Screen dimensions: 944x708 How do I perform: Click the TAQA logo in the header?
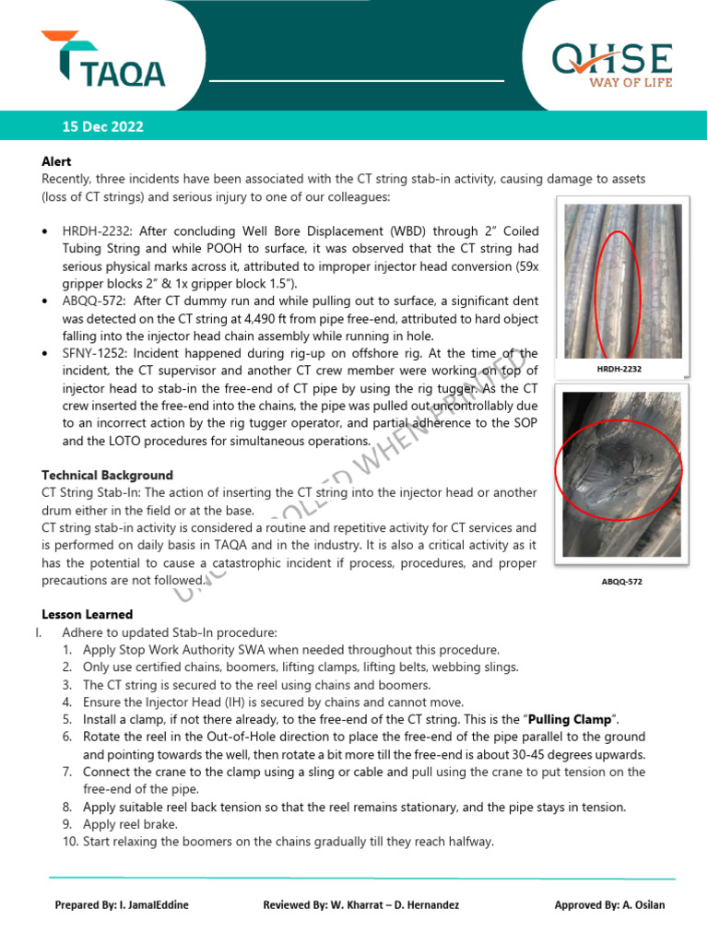click(x=103, y=61)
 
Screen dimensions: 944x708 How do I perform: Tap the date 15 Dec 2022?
click(x=103, y=127)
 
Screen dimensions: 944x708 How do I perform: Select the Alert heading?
click(x=56, y=161)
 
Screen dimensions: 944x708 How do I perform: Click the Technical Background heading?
click(x=107, y=475)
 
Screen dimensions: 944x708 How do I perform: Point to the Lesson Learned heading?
click(x=88, y=614)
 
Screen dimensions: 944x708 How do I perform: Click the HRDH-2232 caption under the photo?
click(x=619, y=369)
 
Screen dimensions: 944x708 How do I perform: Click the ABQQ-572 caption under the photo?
click(x=621, y=582)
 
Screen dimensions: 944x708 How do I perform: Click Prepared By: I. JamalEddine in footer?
click(x=122, y=904)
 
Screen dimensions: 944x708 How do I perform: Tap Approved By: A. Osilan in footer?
click(x=609, y=904)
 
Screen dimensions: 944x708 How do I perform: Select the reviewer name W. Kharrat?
click(x=377, y=904)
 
